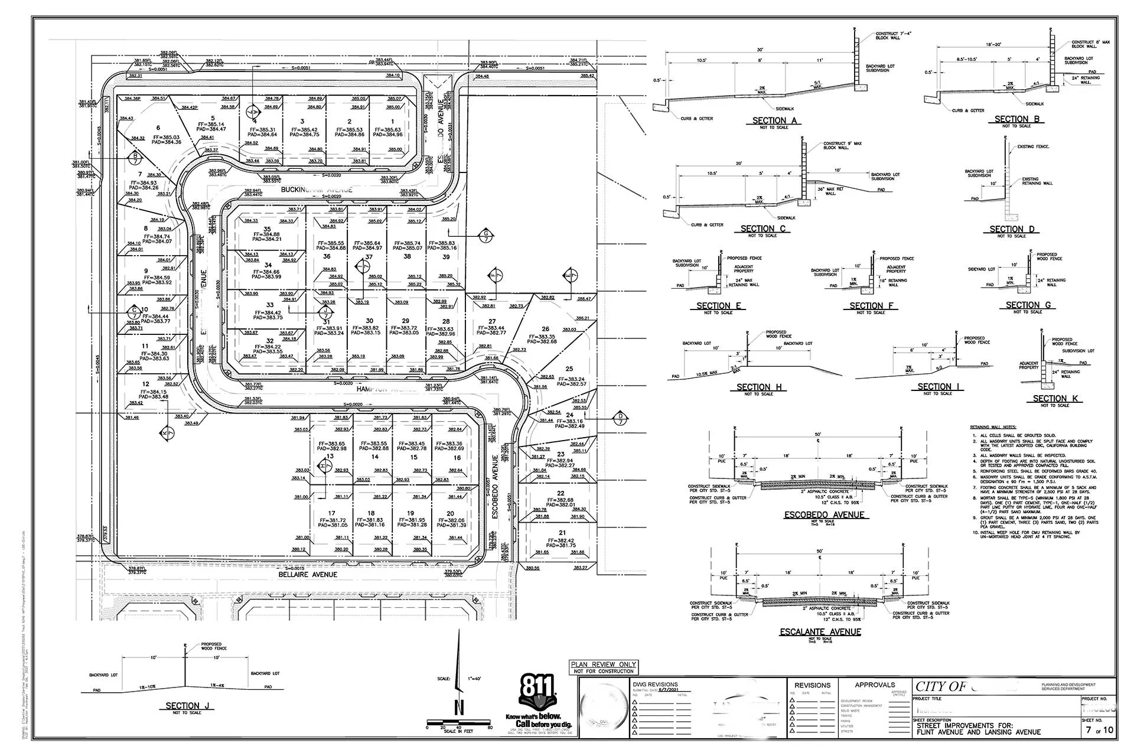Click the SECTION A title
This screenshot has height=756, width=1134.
774,120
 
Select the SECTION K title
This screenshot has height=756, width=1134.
1055,399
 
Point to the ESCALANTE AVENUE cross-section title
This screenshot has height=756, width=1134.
820,631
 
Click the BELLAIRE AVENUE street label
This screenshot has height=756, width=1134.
308,574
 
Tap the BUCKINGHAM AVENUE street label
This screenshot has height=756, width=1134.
317,190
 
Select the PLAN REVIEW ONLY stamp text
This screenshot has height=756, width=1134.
603,664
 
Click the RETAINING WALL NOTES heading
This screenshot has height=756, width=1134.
993,427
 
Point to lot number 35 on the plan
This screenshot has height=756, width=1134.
267,229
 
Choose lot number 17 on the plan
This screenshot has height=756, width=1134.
331,513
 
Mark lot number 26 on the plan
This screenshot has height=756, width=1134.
545,329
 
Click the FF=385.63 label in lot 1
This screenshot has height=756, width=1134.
387,130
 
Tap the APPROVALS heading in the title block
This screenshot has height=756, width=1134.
875,685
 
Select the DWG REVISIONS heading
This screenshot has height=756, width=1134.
654,685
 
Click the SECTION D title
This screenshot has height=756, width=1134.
1012,229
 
